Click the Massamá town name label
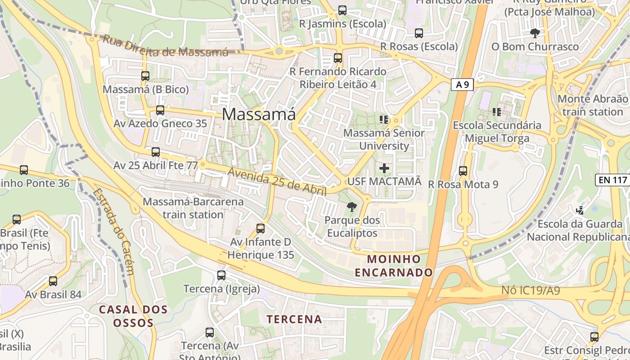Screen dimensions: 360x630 pyautogui.click(x=259, y=114)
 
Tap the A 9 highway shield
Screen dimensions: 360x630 pyautogui.click(x=462, y=84)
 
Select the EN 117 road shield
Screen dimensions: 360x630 pyautogui.click(x=612, y=180)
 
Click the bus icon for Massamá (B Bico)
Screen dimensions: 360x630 pyautogui.click(x=145, y=76)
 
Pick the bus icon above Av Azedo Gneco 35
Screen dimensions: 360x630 pyautogui.click(x=160, y=110)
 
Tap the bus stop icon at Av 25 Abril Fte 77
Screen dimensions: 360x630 pyautogui.click(x=156, y=152)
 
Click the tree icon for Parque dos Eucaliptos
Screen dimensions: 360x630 pyautogui.click(x=352, y=207)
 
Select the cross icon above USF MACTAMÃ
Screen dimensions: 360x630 pyautogui.click(x=384, y=169)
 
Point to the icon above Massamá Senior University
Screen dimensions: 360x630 pyautogui.click(x=384, y=120)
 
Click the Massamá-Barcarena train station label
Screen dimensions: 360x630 pyautogui.click(x=193, y=208)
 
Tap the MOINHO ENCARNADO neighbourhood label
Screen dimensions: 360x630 pyautogui.click(x=394, y=265)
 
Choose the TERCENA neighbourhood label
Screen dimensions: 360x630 pyautogui.click(x=294, y=319)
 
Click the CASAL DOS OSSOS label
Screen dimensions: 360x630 pyautogui.click(x=133, y=316)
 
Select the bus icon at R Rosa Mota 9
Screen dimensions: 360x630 pyautogui.click(x=463, y=171)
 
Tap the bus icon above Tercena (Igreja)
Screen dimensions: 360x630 pyautogui.click(x=221, y=275)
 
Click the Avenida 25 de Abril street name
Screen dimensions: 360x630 pyautogui.click(x=276, y=181)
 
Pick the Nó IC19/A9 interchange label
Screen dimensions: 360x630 pyautogui.click(x=531, y=291)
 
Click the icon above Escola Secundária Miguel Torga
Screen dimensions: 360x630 pyautogui.click(x=497, y=112)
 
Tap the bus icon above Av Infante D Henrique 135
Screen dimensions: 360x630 pyautogui.click(x=261, y=229)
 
